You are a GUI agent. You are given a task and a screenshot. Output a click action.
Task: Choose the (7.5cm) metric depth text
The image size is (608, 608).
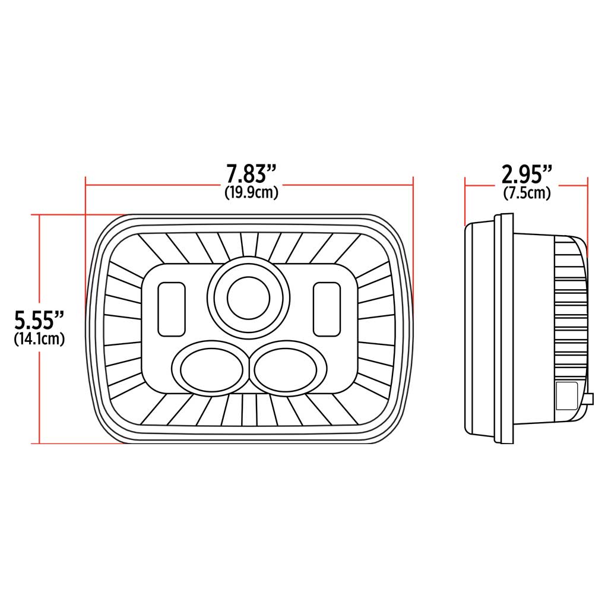click(x=527, y=193)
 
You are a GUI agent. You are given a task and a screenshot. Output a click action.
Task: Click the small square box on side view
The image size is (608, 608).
click(x=566, y=395)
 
